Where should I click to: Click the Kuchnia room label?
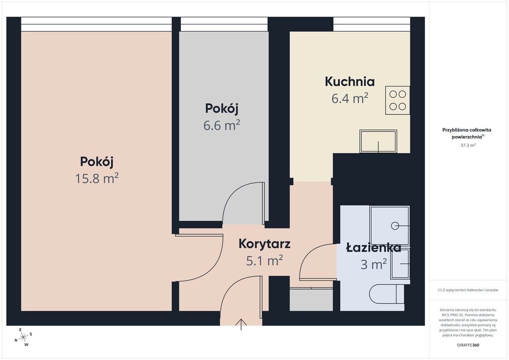tap(349, 82)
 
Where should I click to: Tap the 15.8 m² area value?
tap(97, 178)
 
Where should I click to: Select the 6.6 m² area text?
tap(222, 125)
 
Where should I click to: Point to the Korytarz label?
tap(264, 244)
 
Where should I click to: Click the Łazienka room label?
tap(374, 248)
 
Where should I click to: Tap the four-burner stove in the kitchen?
tap(398, 100)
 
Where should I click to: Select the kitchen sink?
tap(378, 141)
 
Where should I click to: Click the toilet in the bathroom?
tap(387, 294)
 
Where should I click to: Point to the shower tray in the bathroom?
tap(390, 225)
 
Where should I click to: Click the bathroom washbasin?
tap(400, 264)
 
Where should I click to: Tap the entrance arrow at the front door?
tap(241, 324)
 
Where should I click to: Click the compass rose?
tap(23, 337)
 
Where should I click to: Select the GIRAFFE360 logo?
tap(468, 345)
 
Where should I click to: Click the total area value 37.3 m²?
tap(468, 145)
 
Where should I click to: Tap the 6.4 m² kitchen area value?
tap(349, 98)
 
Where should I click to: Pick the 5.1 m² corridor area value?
tap(264, 261)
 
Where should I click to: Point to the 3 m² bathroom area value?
tap(374, 264)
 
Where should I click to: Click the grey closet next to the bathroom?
tap(311, 299)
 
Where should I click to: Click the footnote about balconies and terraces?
tap(468, 290)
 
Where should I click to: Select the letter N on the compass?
tap(15, 341)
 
